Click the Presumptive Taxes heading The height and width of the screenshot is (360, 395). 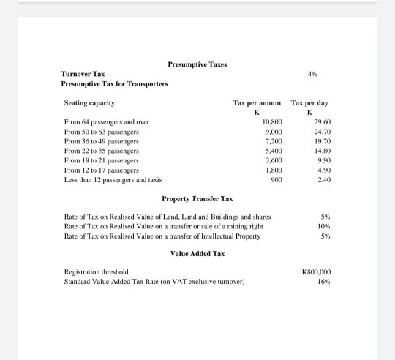(197, 64)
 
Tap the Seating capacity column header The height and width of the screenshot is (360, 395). (89, 103)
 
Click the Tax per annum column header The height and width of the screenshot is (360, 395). (257, 103)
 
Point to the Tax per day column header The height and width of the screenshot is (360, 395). (309, 103)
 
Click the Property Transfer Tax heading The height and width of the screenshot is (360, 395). (197, 199)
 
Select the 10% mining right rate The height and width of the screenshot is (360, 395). (326, 226)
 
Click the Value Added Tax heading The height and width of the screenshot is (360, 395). (197, 254)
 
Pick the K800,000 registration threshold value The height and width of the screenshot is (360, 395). (316, 271)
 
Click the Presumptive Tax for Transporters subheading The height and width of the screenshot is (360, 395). (114, 84)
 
